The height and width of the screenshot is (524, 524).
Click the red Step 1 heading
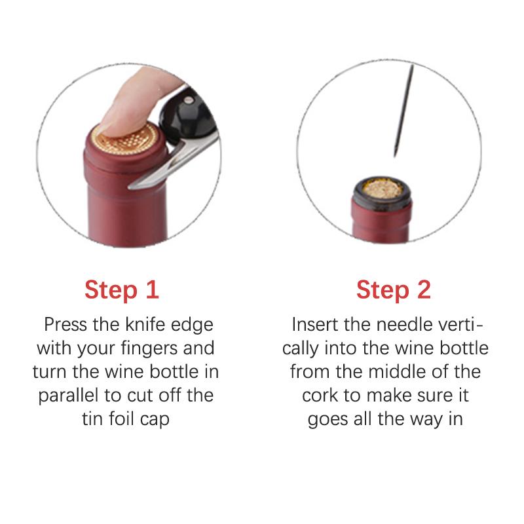pyautogui.click(x=122, y=290)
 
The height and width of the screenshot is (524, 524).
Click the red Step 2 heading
pyautogui.click(x=394, y=290)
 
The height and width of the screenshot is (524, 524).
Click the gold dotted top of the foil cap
pyautogui.click(x=124, y=139)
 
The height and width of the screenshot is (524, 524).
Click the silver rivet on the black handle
pyautogui.click(x=189, y=100)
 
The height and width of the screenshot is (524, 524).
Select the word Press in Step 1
pyautogui.click(x=65, y=325)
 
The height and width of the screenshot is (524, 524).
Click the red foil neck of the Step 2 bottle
pyautogui.click(x=381, y=222)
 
